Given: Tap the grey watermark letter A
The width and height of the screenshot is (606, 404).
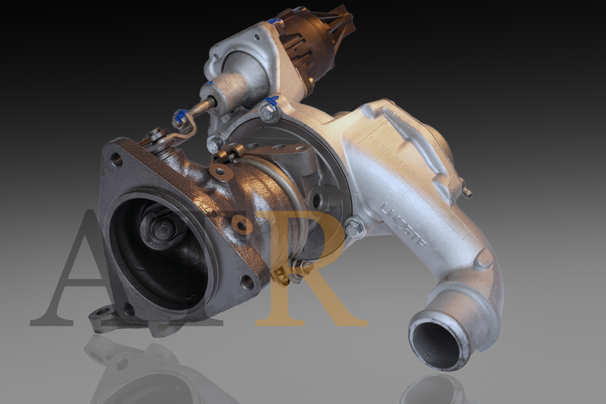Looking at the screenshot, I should [80, 273].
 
